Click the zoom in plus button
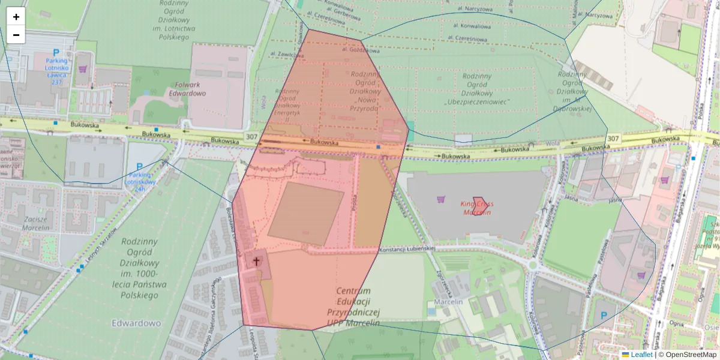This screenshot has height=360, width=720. coord(16,17)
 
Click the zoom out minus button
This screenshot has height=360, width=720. coord(16,35)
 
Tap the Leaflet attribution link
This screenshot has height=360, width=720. coord(641,355)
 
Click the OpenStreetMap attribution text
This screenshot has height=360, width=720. coord(687,355)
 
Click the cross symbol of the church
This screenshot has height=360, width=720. coord(257,261)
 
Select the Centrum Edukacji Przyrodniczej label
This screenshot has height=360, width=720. coord(354,306)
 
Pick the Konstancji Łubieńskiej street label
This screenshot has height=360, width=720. coord(406,249)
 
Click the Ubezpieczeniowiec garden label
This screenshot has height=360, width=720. coord(477,89)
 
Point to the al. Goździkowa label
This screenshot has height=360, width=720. coord(359,49)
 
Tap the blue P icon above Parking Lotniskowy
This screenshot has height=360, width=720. coord(139,167)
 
